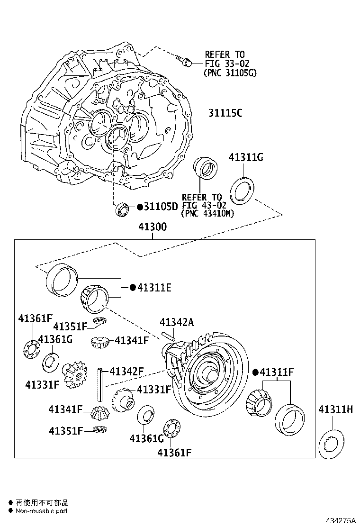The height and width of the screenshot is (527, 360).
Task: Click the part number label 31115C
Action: pyautogui.click(x=225, y=113)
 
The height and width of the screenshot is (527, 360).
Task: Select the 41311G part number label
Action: pyautogui.click(x=246, y=157)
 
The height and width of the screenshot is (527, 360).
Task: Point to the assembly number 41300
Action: pyautogui.click(x=153, y=227)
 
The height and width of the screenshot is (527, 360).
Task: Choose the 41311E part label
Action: pyautogui.click(x=154, y=287)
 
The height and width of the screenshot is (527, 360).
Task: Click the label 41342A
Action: pyautogui.click(x=177, y=323)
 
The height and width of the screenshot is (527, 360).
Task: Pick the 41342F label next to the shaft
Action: pyautogui.click(x=126, y=371)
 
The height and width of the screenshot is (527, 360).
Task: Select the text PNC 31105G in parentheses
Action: pyautogui.click(x=230, y=73)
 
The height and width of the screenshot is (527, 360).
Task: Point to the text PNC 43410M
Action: pyautogui.click(x=208, y=213)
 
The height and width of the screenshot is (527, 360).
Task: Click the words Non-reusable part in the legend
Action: pyautogui.click(x=41, y=511)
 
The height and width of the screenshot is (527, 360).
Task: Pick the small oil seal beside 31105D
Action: pyautogui.click(x=123, y=209)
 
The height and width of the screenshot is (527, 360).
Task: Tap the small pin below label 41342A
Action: pyautogui.click(x=169, y=336)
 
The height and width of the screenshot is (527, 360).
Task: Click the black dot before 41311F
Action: pyautogui.click(x=255, y=372)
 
